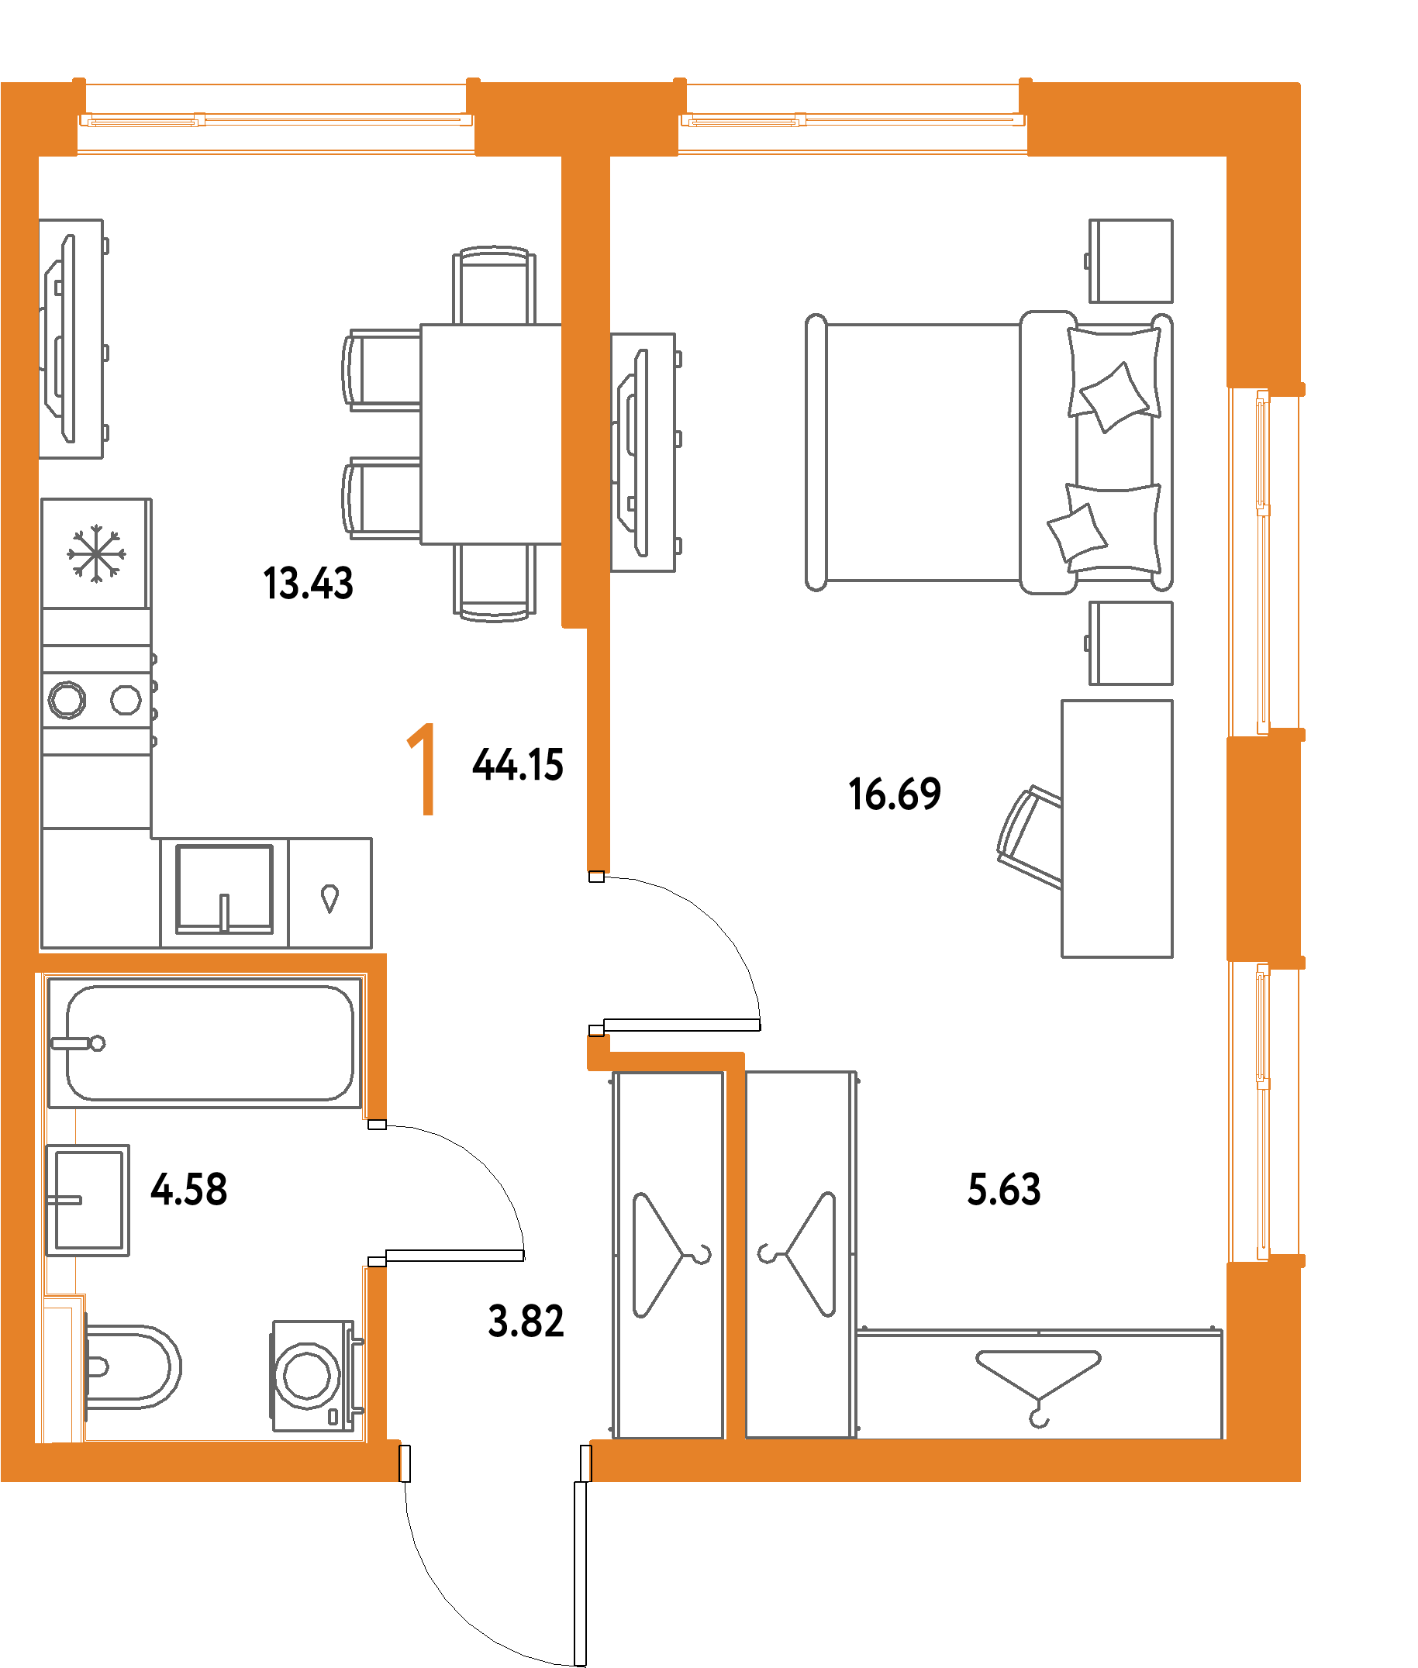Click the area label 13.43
coord(308,584)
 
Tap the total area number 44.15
coord(518,764)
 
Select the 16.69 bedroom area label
coord(894,794)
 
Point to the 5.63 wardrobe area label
coord(1003,1189)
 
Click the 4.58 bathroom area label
coord(189,1189)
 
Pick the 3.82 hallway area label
coord(526,1322)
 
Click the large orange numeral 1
coord(423,769)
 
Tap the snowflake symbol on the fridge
coord(95,553)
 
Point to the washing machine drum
coord(307,1375)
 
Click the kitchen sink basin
coord(224,888)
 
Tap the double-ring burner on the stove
coord(67,700)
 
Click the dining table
coord(492,434)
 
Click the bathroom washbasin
coord(88,1201)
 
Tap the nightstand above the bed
coord(1130,261)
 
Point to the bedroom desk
coord(1116,829)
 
